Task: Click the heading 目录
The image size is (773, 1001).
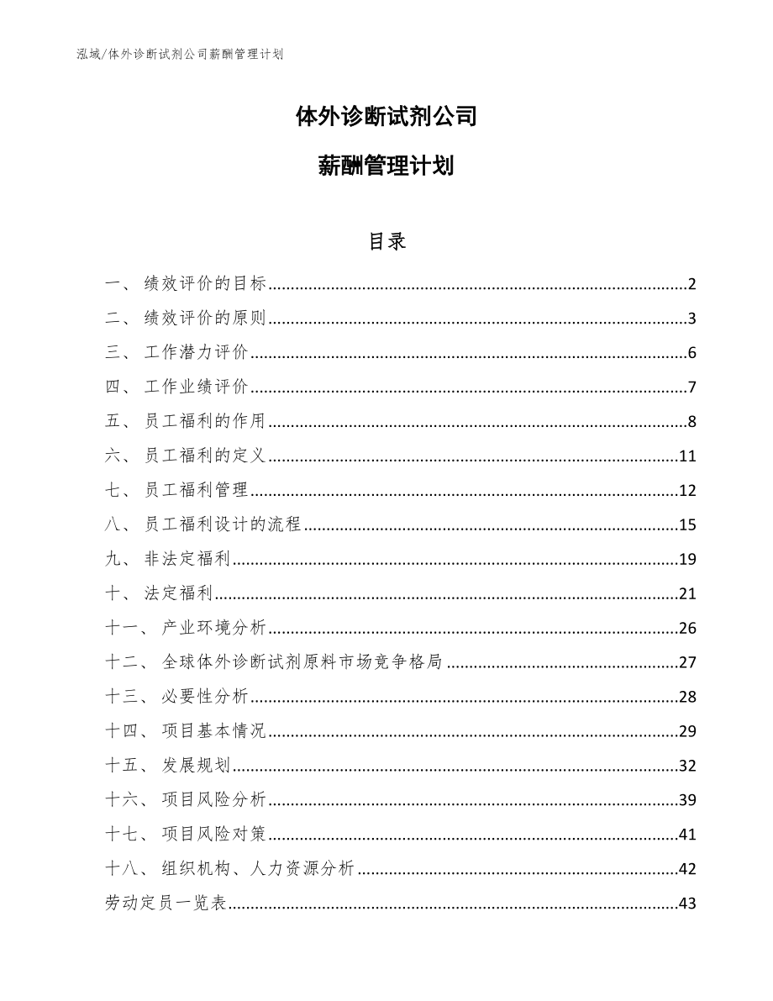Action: tap(386, 241)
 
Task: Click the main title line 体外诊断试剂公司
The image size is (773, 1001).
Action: tap(386, 116)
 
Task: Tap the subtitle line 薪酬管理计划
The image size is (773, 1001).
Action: tap(386, 166)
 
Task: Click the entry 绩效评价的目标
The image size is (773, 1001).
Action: tap(205, 284)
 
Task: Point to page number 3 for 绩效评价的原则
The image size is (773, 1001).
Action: tap(691, 319)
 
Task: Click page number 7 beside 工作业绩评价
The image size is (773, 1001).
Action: tap(691, 387)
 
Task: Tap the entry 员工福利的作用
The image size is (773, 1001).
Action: tap(205, 422)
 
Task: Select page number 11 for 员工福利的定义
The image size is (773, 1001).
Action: tap(687, 456)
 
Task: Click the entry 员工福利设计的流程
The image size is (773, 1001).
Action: tap(223, 525)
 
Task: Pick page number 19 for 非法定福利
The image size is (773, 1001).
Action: tap(687, 560)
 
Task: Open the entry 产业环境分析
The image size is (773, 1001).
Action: tap(214, 629)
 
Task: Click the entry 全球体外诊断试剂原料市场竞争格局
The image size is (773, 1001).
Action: tap(302, 663)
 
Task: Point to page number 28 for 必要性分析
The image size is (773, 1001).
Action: tap(687, 698)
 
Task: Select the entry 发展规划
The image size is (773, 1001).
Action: tap(197, 767)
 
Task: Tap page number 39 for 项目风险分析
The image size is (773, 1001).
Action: tap(687, 801)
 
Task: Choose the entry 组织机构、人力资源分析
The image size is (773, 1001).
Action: tap(258, 870)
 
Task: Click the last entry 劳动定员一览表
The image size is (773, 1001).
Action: tap(166, 904)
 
